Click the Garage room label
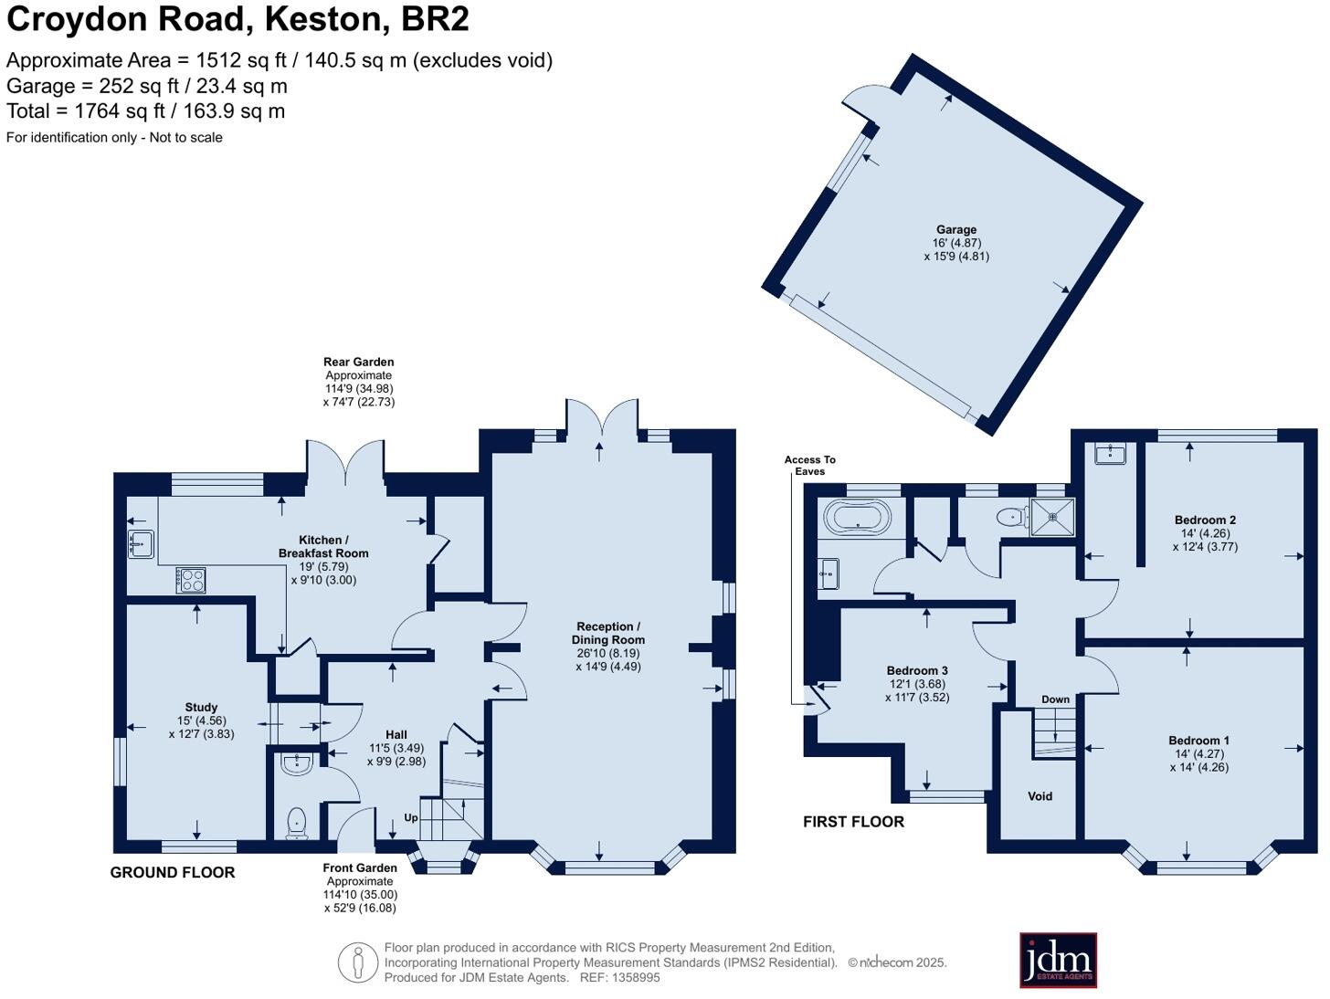click(955, 230)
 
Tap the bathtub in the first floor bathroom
click(857, 518)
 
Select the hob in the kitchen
click(191, 580)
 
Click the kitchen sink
click(140, 543)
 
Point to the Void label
click(1040, 796)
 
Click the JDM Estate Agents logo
click(1058, 960)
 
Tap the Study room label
click(201, 707)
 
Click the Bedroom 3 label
click(917, 670)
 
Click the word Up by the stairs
click(411, 818)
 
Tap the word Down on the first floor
click(1055, 699)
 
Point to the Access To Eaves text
click(809, 466)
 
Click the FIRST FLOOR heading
click(853, 822)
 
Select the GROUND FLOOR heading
click(173, 872)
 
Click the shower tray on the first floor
click(1053, 516)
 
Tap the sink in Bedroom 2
click(1110, 452)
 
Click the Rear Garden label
click(358, 363)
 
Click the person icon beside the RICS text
click(358, 962)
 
